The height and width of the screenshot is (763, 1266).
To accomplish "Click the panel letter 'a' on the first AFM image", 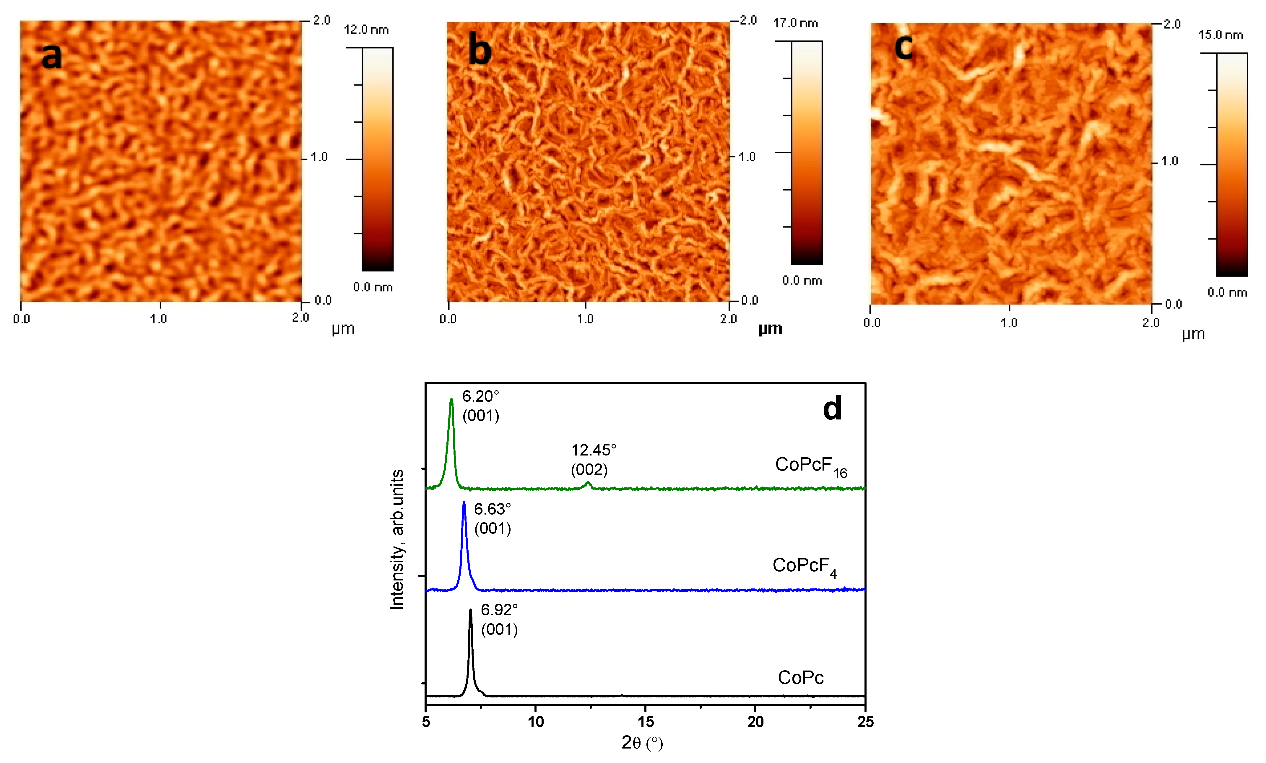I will pos(51,56).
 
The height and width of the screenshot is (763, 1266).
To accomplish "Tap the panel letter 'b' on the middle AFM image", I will pos(480,52).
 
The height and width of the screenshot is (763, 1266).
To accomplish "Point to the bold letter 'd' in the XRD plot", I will pos(832,409).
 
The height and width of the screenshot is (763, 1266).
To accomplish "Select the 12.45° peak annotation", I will pos(594,450).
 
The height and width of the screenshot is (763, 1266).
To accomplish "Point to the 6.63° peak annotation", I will pos(492,509).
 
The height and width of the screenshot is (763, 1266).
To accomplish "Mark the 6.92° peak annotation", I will pos(499,610).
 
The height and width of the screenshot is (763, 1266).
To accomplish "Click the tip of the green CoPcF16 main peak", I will pos(451,400).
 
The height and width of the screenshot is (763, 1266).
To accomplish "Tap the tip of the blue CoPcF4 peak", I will pos(464,502).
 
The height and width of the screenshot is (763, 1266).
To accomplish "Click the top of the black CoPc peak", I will pos(470,610).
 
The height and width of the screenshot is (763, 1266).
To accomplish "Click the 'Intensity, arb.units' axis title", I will pos(397,539).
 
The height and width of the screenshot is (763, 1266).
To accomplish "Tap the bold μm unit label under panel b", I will pos(770,329).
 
